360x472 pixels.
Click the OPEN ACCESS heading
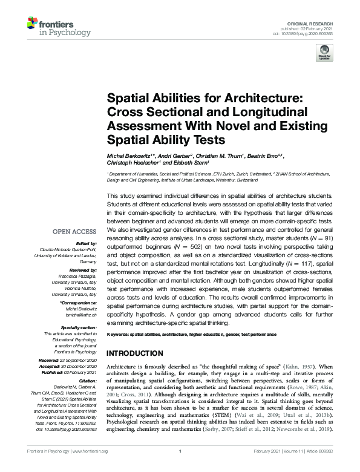74,232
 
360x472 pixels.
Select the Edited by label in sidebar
84,244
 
